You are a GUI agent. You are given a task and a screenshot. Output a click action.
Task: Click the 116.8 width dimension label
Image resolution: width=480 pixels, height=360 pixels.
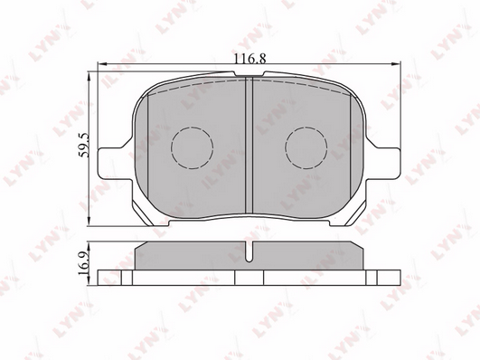pyautogui.click(x=249, y=58)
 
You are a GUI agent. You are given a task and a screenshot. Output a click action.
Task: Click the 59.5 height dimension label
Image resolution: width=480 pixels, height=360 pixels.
pyautogui.click(x=83, y=145)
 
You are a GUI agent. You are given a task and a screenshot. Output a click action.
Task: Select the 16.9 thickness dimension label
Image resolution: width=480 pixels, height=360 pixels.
pyautogui.click(x=83, y=263)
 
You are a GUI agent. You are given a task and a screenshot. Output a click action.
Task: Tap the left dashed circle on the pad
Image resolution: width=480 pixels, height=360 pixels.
pyautogui.click(x=192, y=148)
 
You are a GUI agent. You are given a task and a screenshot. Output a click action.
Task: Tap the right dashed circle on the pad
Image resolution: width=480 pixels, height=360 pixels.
pyautogui.click(x=306, y=148)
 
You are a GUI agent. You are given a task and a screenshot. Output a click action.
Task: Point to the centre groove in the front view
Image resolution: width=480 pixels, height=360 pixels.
pyautogui.click(x=249, y=145)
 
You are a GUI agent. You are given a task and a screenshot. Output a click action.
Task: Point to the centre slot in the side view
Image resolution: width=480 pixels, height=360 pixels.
pyautogui.click(x=249, y=251)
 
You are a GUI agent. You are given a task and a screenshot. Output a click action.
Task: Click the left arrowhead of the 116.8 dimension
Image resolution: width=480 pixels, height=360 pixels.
pyautogui.click(x=101, y=63)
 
